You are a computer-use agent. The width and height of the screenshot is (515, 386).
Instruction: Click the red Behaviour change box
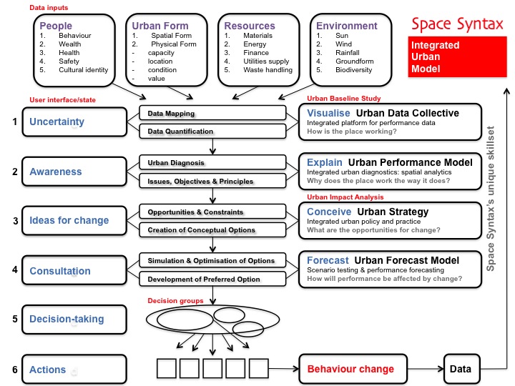pos(350,369)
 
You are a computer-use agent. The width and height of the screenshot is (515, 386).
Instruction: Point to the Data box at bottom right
pos(460,369)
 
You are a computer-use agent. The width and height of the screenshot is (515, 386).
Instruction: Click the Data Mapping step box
pos(212,114)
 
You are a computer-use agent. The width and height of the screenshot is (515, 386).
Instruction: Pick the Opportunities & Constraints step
pos(212,212)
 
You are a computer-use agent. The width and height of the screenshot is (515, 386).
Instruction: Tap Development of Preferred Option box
pos(212,279)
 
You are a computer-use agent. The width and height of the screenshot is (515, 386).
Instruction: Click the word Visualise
pos(328,113)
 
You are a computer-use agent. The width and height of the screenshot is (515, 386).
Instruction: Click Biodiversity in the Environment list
pos(353,70)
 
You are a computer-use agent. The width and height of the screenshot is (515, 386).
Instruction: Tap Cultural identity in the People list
pos(79,70)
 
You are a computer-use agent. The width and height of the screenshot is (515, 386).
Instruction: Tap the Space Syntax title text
pos(456,24)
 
